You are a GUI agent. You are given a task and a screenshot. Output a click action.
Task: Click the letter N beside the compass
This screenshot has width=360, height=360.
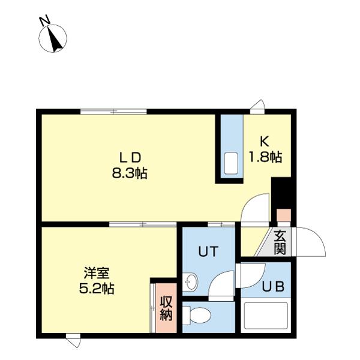tap(45, 20)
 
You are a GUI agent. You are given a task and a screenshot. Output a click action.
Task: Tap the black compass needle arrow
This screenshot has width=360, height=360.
tap(55, 39)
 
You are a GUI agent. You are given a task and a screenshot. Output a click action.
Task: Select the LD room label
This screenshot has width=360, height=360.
tap(130, 158)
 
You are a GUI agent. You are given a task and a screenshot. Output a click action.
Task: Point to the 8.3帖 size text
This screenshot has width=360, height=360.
tap(130, 173)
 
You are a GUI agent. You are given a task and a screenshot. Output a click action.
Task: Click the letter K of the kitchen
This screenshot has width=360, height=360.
tap(265, 142)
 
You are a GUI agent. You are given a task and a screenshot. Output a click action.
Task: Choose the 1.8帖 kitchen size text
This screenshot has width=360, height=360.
tap(265, 157)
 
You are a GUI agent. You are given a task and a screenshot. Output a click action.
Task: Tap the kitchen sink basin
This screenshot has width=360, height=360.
tap(231, 163)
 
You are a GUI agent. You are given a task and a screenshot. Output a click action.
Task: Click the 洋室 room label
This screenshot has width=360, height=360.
tap(97, 273)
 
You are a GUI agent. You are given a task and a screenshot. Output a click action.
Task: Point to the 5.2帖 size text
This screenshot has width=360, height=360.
tap(97, 289)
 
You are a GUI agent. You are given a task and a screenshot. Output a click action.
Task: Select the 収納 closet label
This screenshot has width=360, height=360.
tap(166, 308)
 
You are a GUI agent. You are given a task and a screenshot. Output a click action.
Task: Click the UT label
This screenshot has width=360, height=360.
tap(208, 251)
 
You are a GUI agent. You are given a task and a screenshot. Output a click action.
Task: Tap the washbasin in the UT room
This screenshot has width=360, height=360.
tap(190, 281)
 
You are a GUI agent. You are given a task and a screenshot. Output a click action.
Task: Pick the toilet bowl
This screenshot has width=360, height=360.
tap(197, 315)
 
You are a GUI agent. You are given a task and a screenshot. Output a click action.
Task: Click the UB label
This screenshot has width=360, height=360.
tap(273, 287)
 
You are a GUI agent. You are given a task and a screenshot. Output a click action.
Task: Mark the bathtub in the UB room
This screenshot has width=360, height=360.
tap(266, 316)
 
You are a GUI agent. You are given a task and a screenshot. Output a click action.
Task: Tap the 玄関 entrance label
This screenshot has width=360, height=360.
tap(280, 242)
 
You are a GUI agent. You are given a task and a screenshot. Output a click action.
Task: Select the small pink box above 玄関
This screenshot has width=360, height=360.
tap(284, 215)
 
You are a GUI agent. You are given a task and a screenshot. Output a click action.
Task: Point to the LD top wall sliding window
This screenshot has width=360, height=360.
tap(113, 112)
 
